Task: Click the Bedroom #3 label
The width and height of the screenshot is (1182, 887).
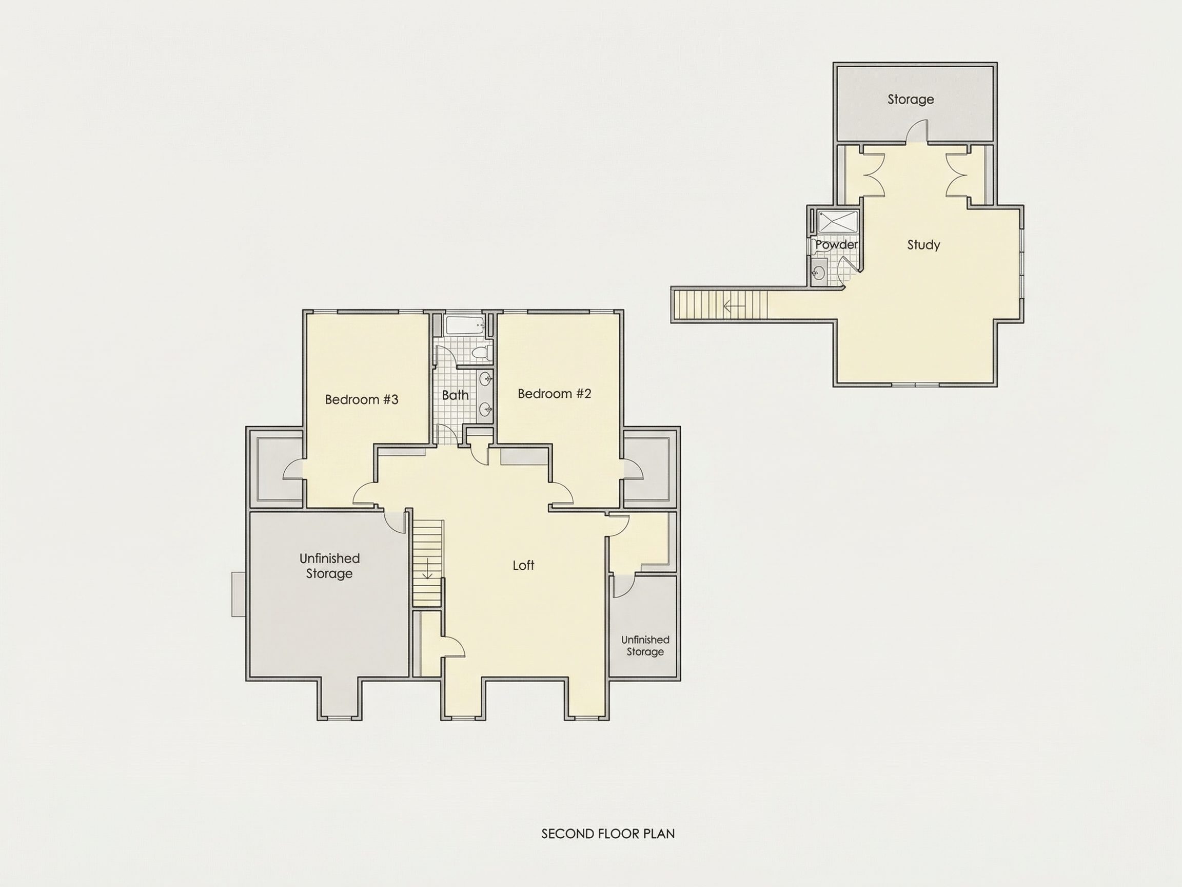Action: pos(362,399)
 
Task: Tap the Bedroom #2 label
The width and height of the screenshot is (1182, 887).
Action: pos(555,394)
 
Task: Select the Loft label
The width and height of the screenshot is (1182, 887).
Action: pos(524,565)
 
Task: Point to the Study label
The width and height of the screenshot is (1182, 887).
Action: pos(923,245)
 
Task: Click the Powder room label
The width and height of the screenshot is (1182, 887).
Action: pos(836,244)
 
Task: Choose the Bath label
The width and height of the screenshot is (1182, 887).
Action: pos(455,395)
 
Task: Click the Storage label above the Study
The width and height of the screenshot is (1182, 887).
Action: pos(911,100)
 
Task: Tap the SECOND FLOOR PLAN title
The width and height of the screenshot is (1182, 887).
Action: pos(608,834)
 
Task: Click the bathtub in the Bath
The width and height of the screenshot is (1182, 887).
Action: pos(465,326)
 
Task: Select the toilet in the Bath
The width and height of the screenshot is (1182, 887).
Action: pos(483,352)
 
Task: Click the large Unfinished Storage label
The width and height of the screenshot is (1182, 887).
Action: pos(329,566)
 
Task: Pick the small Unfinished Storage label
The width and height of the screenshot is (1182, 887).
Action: pos(645,645)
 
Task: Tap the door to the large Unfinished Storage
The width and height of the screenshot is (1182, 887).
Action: pos(396,522)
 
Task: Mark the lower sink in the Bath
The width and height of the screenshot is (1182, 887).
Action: pos(486,410)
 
